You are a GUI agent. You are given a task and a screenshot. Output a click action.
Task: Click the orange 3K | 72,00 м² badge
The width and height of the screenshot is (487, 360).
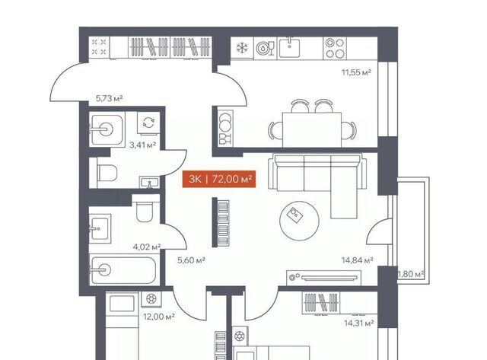219,179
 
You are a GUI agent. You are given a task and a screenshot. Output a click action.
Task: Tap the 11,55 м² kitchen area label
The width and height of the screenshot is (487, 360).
357,72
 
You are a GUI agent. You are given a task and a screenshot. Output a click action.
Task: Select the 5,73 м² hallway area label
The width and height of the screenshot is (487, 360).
110,99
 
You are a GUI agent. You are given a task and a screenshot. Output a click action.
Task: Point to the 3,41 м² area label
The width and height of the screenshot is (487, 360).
143,145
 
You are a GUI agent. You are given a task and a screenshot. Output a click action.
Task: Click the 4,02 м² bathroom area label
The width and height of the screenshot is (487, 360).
147,247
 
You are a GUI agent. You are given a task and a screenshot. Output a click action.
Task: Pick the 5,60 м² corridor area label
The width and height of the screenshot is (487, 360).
191,260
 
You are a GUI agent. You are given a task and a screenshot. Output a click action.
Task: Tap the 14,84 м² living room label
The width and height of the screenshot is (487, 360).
358,260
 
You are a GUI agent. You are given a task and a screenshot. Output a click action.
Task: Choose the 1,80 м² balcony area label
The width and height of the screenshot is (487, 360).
412,274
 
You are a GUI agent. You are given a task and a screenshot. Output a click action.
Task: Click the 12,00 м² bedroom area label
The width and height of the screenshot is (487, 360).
159,317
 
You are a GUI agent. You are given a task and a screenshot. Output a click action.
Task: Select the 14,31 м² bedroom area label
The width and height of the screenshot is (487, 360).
358,323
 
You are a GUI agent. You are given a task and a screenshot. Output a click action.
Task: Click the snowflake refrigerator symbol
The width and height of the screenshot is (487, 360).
242,48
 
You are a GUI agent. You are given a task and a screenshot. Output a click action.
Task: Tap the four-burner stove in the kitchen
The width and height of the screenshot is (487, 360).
335,48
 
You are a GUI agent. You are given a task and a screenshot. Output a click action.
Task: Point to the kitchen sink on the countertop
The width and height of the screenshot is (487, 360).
289,47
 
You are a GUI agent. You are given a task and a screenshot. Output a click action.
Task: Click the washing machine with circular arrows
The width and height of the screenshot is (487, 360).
149,123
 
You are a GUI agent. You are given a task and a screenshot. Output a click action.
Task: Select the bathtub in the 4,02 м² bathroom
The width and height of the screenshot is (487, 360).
124,269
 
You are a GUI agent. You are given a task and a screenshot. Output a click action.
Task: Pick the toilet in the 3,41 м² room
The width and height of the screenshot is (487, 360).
107,173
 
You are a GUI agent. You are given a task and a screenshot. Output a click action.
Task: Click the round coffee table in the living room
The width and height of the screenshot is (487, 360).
299,221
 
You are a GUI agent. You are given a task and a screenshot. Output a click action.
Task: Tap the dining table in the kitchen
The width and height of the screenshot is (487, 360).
312,129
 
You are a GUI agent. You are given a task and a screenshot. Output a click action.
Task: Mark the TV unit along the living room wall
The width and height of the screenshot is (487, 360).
323,277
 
